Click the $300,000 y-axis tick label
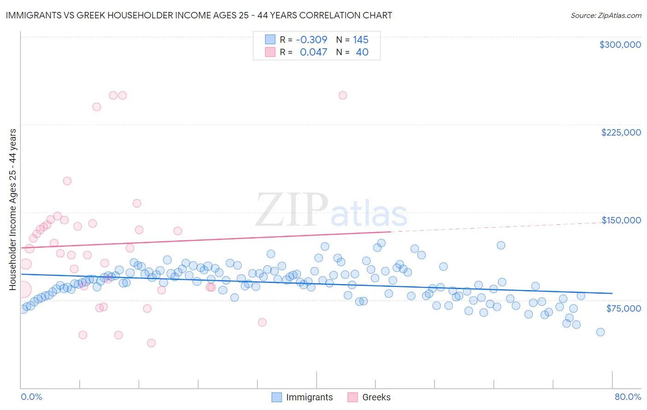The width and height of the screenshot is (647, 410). pos(620,45)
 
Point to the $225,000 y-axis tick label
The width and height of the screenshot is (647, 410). pos(621,132)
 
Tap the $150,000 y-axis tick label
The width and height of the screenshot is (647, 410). pos(621,220)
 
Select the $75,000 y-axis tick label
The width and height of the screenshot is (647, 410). pos(624,308)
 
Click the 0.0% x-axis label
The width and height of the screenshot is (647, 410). pos(32,397)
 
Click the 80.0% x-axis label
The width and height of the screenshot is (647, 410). pos(628,397)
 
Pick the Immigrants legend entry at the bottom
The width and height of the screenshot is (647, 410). pos(302,397)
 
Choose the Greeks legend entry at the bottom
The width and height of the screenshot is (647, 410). pos(369,397)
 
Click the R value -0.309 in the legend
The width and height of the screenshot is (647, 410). pos(312,40)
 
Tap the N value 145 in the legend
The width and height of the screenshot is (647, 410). pos(361,40)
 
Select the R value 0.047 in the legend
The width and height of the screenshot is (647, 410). pos(313,52)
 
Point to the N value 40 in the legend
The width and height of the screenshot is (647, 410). pos(362,52)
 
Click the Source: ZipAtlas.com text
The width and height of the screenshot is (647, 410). pos(606,15)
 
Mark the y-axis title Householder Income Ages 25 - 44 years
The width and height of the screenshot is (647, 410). pos(13,210)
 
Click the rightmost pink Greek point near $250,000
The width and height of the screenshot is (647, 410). pos(343,96)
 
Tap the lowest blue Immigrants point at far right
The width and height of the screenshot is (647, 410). pos(600,332)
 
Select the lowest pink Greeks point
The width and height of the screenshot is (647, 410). pos(151,343)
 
